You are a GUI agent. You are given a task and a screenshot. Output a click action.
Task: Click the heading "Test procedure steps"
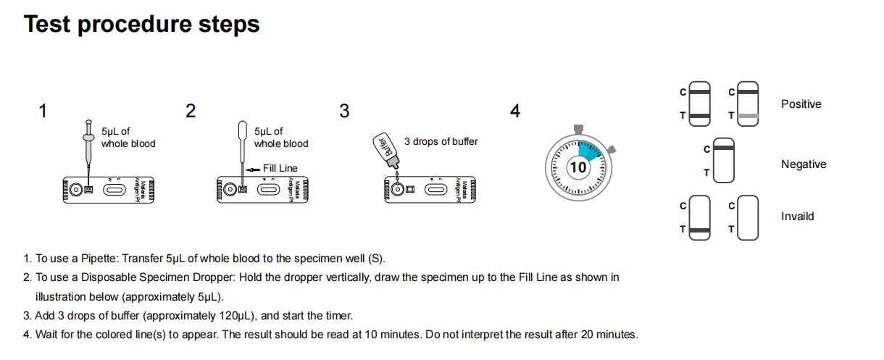142,24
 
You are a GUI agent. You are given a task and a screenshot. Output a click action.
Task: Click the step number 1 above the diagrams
43,112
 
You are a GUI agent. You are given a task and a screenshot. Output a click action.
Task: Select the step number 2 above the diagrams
191,112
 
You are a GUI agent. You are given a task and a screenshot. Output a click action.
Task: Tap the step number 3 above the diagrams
344,112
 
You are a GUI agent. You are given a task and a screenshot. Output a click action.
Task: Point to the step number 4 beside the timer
515,112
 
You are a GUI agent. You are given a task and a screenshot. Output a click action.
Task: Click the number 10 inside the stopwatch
578,167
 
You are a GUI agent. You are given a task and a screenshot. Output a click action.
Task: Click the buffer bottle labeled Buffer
383,148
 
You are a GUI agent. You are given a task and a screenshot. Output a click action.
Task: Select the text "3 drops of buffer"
441,141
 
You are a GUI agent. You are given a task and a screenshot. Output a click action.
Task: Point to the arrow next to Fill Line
253,168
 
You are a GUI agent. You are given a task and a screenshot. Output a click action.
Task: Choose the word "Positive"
801,104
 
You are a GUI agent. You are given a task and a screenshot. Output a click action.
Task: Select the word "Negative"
803,164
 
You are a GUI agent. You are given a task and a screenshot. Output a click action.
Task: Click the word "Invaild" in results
797,217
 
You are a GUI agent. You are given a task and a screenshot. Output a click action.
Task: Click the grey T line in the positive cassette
748,116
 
